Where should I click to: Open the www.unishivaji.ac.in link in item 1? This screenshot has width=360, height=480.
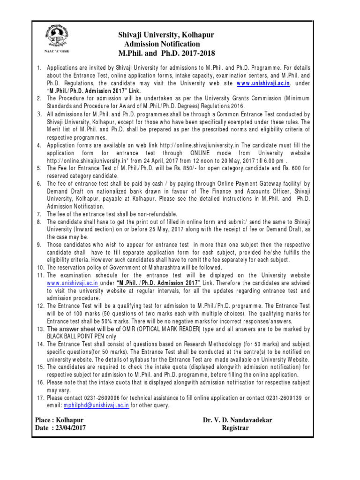(264, 83)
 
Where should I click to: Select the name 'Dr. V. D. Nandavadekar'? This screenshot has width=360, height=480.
(237, 420)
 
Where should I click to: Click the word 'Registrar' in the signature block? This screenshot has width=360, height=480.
(235, 428)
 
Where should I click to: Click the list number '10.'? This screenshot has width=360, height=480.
(40, 268)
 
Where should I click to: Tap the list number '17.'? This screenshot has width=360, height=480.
(40, 398)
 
